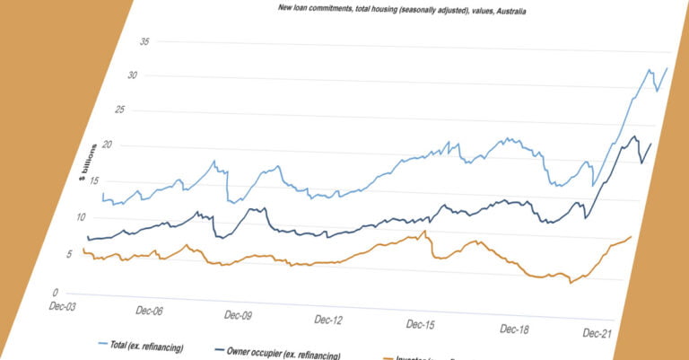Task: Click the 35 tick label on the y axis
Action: pos(145,42)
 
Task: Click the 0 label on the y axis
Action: pos(55,293)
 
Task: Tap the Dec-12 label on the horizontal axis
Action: pos(328,320)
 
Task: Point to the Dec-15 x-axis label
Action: pos(420,324)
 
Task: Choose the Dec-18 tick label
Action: pos(513,329)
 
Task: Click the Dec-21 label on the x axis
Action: pos(598,333)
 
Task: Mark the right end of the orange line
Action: pos(632,236)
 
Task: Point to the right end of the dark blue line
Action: pos(650,144)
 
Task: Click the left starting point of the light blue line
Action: pos(103,193)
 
